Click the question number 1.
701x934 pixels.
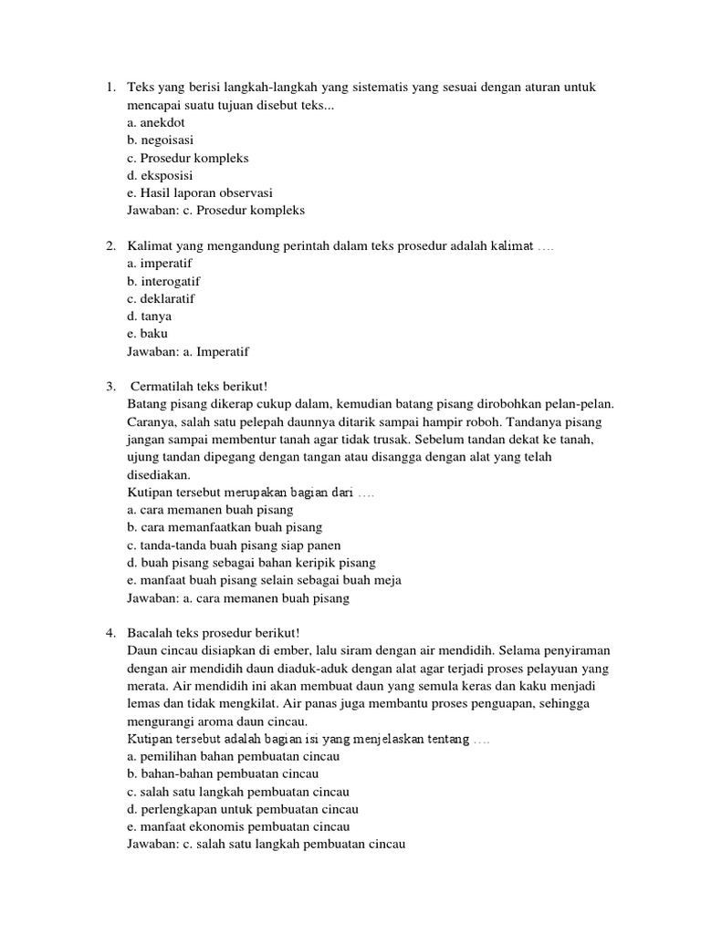coord(109,88)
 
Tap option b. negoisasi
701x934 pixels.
coord(161,140)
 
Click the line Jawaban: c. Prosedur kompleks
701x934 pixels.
coord(216,210)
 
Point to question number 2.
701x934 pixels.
coord(109,246)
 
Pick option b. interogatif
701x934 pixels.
coord(164,281)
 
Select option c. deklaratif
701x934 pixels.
coord(162,298)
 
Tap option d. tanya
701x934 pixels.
coord(150,316)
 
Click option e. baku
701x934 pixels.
coord(148,333)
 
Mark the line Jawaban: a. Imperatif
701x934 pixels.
coord(189,351)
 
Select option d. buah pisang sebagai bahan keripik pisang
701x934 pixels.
coord(252,563)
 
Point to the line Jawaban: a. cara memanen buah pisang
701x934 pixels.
coord(239,598)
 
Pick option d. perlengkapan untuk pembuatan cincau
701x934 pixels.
coord(243,809)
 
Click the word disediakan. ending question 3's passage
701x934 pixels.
coord(160,474)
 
